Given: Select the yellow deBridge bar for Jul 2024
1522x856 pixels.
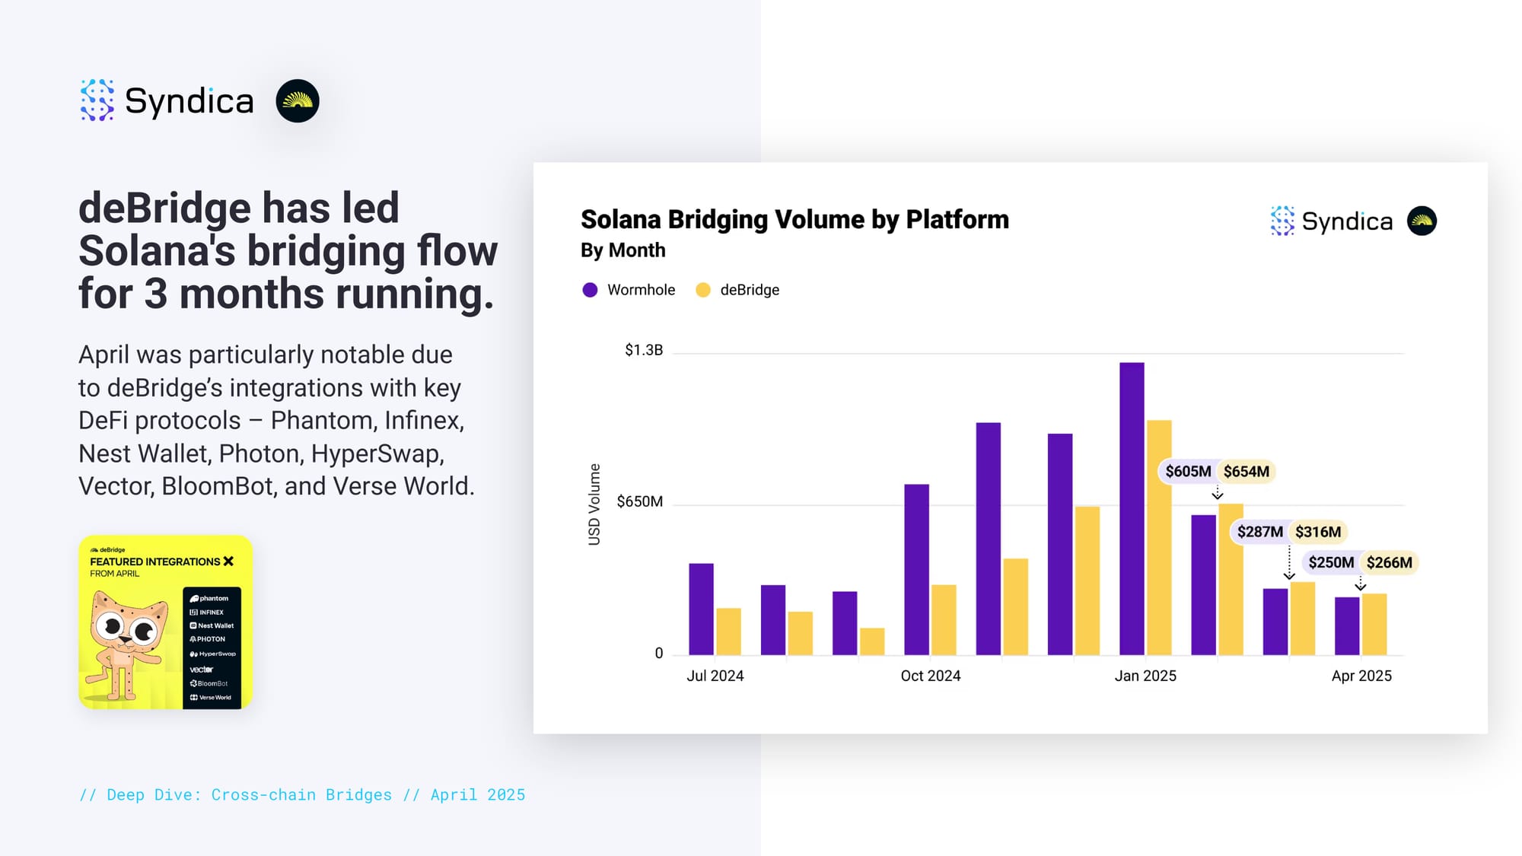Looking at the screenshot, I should (728, 632).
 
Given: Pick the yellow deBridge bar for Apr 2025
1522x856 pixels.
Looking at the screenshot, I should (1374, 624).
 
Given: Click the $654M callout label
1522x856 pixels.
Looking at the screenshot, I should (1246, 472).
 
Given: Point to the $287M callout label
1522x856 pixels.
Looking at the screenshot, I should (1259, 532).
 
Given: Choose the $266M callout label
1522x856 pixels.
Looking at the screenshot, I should (1389, 563).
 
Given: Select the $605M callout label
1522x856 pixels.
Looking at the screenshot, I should (1188, 472).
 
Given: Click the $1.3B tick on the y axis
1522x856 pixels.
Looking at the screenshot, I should (644, 350).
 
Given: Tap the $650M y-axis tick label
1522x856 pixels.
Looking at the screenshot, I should (639, 501).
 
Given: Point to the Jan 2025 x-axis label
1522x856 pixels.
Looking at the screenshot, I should (1145, 676).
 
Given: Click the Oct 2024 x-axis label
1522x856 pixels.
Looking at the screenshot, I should (930, 676).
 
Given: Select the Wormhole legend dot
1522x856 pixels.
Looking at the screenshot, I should (590, 290).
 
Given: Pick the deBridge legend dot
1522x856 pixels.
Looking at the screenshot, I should (703, 290).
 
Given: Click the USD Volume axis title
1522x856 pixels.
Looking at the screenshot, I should (594, 504).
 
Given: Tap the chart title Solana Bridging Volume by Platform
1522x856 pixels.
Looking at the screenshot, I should (794, 220).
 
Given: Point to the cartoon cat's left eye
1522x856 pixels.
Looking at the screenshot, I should (113, 625).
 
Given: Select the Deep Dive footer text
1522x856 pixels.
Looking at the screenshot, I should (302, 795).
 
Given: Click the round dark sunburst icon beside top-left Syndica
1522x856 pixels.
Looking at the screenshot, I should (298, 101).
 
